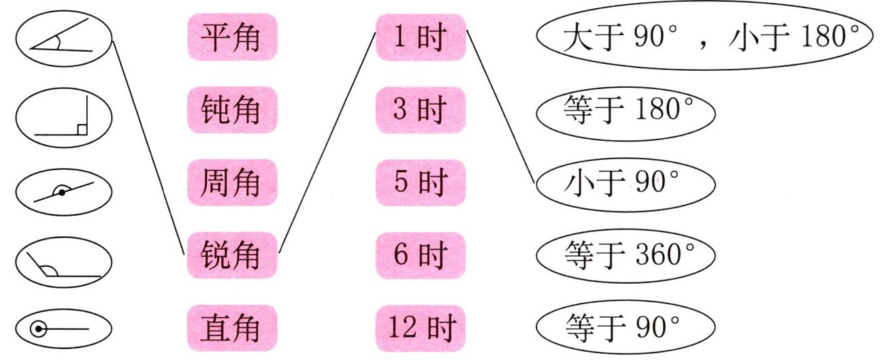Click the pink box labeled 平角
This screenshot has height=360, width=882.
[231, 37]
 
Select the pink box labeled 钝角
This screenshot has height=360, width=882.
[231, 110]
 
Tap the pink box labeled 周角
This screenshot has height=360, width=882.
[231, 182]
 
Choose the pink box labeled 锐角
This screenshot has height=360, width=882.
[231, 255]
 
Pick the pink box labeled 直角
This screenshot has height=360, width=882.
[231, 328]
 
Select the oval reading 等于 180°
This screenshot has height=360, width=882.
[625, 111]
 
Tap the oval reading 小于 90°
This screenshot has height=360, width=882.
[625, 182]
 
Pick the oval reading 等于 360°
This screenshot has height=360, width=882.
[625, 256]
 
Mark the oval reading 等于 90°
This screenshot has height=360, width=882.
[625, 328]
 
